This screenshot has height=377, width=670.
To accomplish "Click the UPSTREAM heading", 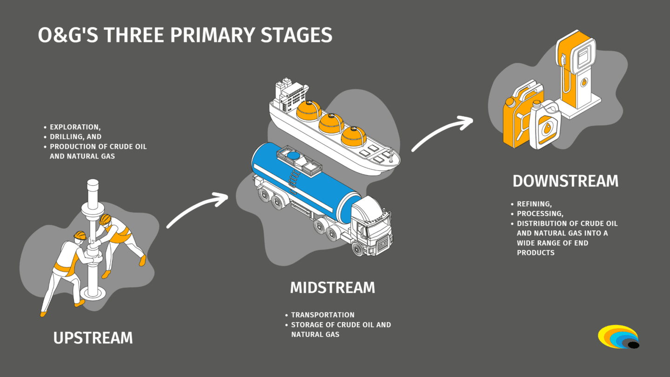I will [x=93, y=337].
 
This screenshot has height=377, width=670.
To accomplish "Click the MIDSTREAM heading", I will [x=332, y=288].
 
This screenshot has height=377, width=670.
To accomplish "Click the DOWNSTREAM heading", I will [x=565, y=181].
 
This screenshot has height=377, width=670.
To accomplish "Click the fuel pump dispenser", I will [x=575, y=70].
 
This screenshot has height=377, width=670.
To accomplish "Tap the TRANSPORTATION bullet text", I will [x=322, y=315].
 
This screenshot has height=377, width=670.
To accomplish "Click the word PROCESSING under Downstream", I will [x=540, y=214].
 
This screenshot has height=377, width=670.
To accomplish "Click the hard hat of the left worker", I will [x=81, y=235].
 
